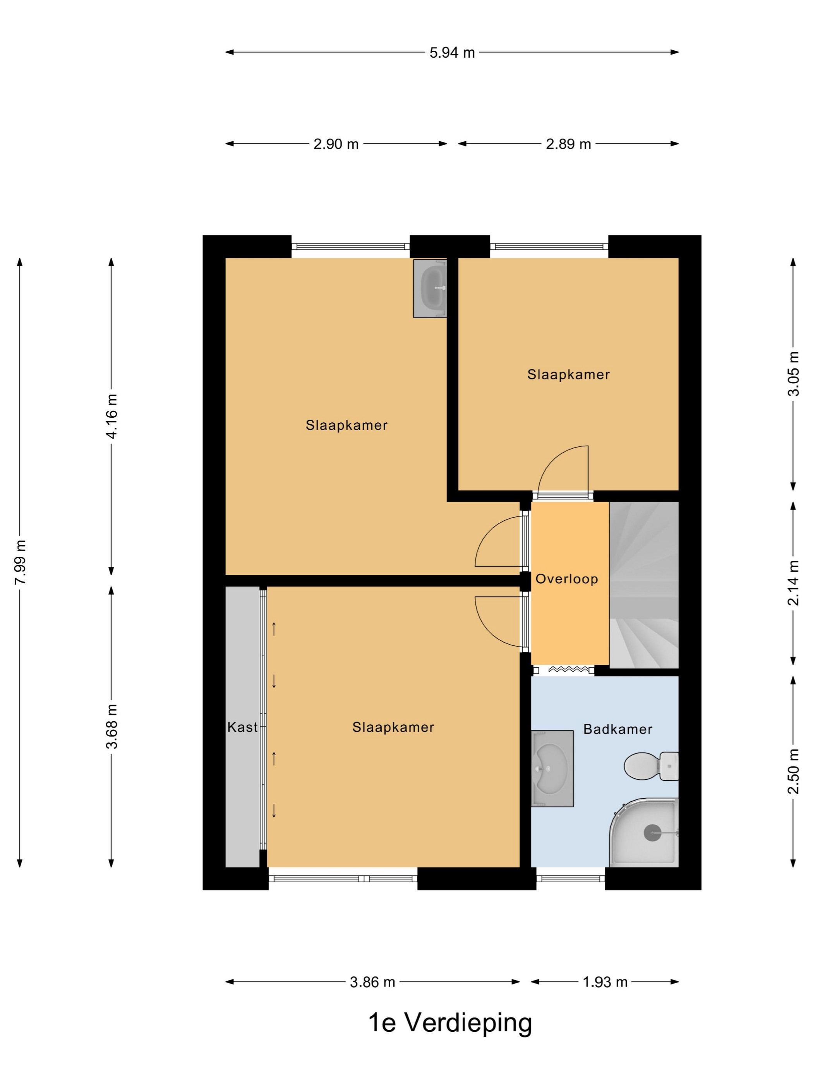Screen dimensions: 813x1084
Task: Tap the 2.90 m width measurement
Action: (x=336, y=144)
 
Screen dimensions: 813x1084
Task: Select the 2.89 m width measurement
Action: (x=568, y=144)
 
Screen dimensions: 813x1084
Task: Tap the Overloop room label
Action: (x=566, y=579)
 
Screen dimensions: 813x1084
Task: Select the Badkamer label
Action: (x=617, y=729)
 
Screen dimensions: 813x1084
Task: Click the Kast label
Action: (x=242, y=727)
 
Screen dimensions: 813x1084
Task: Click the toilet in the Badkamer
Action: (x=651, y=766)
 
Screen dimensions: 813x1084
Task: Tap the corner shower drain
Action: (x=652, y=833)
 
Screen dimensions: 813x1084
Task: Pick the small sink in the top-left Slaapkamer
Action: (x=430, y=289)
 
